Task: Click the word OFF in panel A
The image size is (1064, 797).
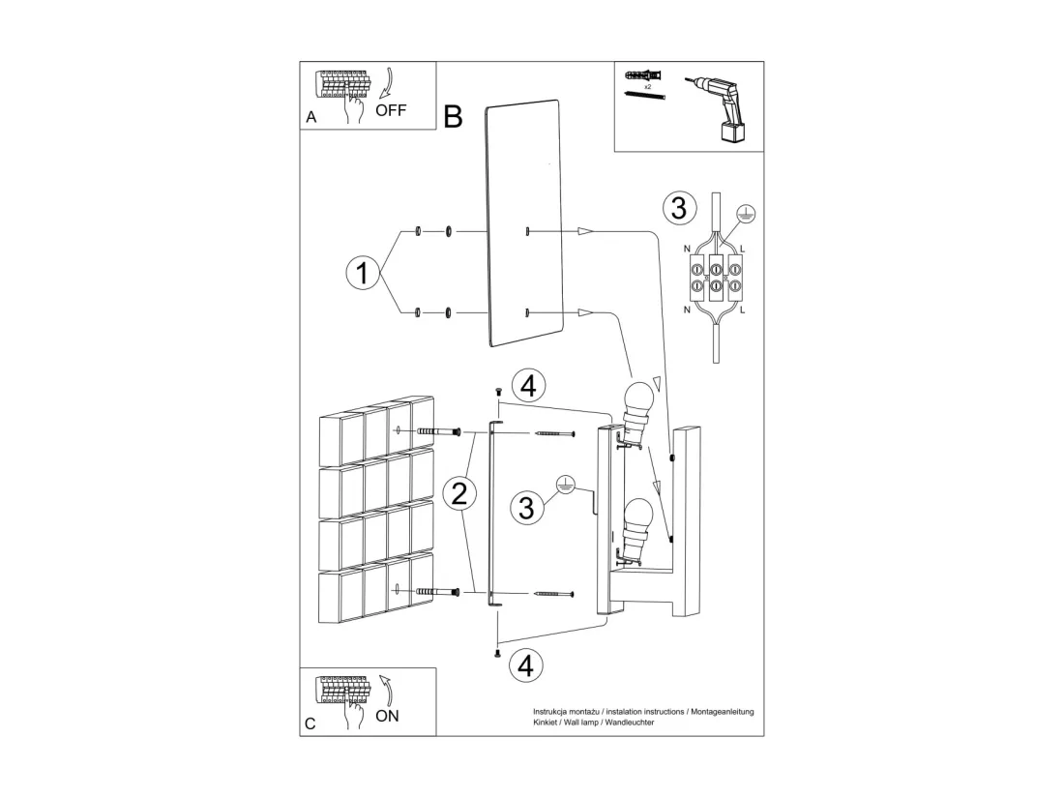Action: click(x=391, y=110)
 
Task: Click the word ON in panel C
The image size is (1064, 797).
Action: click(x=388, y=716)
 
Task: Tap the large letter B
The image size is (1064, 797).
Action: click(x=453, y=117)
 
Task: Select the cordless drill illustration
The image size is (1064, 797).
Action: click(x=719, y=108)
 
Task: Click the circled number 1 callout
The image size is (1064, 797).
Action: click(x=363, y=273)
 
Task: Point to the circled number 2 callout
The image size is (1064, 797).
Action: click(x=459, y=493)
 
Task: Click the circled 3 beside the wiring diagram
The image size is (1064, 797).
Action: click(x=679, y=208)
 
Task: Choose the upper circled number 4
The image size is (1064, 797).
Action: click(x=528, y=386)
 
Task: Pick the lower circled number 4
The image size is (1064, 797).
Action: click(x=526, y=666)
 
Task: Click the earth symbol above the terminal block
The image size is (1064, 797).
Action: click(x=746, y=215)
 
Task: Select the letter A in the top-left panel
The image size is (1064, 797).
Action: click(x=310, y=117)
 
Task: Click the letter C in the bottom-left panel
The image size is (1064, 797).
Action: click(x=310, y=723)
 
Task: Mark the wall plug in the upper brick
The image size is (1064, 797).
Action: click(x=438, y=432)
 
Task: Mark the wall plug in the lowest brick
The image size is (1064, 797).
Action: click(x=438, y=592)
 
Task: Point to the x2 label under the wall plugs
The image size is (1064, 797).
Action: click(x=647, y=87)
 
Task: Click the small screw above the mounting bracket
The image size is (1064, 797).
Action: click(x=498, y=391)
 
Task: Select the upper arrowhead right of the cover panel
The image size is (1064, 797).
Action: click(x=585, y=231)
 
